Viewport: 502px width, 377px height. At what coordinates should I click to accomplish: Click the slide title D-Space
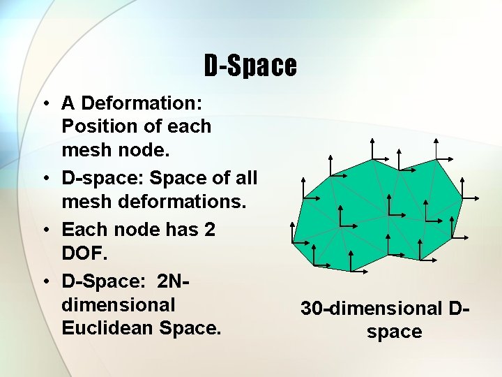250,66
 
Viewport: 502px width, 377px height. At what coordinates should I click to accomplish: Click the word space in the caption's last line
394,332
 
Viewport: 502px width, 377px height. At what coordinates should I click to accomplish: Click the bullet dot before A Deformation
44,104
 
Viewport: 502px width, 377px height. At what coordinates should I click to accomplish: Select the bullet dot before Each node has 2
44,229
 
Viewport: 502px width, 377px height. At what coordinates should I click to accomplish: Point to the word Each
83,229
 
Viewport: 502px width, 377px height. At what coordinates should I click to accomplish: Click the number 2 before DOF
209,229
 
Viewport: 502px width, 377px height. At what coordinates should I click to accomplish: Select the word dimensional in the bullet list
119,304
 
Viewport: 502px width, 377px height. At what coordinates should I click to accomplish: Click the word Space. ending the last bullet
190,327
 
